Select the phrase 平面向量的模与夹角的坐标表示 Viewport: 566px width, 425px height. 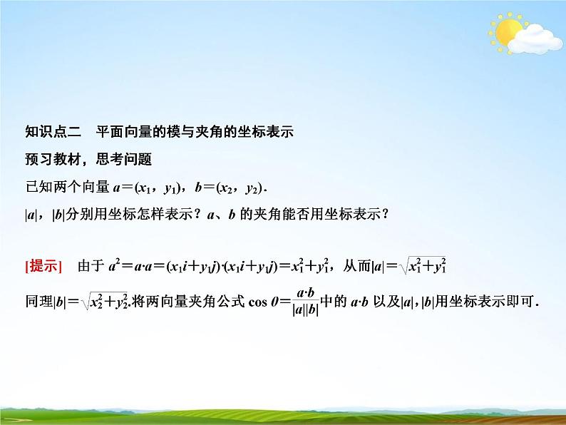click(192, 132)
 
